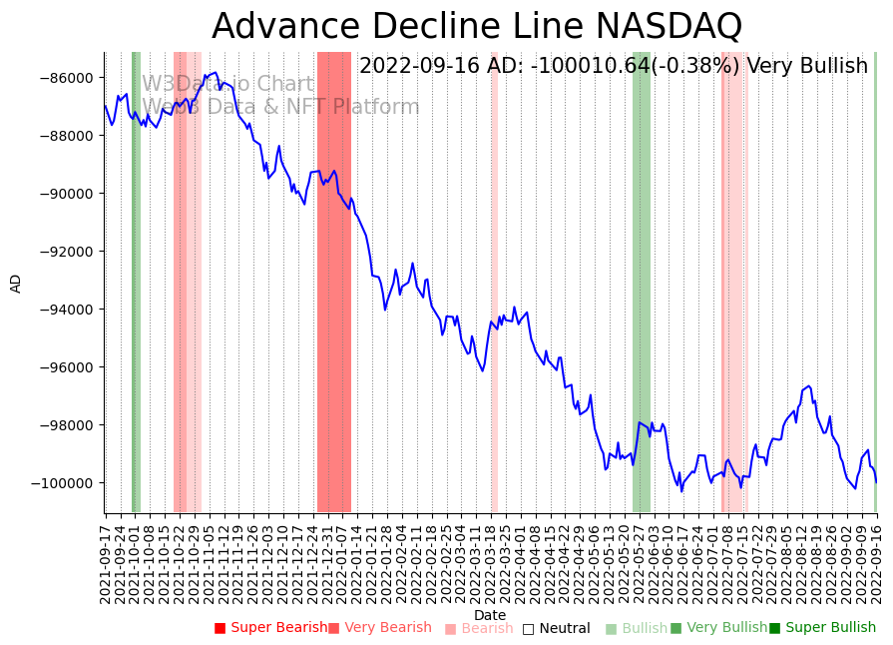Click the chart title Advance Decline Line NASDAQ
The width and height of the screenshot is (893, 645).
pyautogui.click(x=477, y=27)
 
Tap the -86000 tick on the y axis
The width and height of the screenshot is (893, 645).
pyautogui.click(x=66, y=78)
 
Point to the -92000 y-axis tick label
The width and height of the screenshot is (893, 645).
pyautogui.click(x=66, y=252)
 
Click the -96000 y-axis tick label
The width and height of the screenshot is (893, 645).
pyautogui.click(x=66, y=367)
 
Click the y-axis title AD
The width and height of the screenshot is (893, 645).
pyautogui.click(x=16, y=283)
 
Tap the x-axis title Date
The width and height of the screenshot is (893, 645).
pyautogui.click(x=490, y=615)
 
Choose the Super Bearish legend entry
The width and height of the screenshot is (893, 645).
pyautogui.click(x=271, y=628)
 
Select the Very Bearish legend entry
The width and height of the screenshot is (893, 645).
pyautogui.click(x=380, y=628)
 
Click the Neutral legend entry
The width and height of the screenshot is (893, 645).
pyautogui.click(x=557, y=628)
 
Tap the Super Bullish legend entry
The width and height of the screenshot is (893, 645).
pyautogui.click(x=822, y=628)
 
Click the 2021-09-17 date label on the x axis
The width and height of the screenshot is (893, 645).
pyautogui.click(x=106, y=560)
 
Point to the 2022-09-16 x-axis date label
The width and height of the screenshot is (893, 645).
pyautogui.click(x=877, y=560)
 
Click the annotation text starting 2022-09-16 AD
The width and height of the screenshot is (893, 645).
pyautogui.click(x=614, y=66)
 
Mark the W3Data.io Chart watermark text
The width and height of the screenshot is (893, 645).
pyautogui.click(x=227, y=84)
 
